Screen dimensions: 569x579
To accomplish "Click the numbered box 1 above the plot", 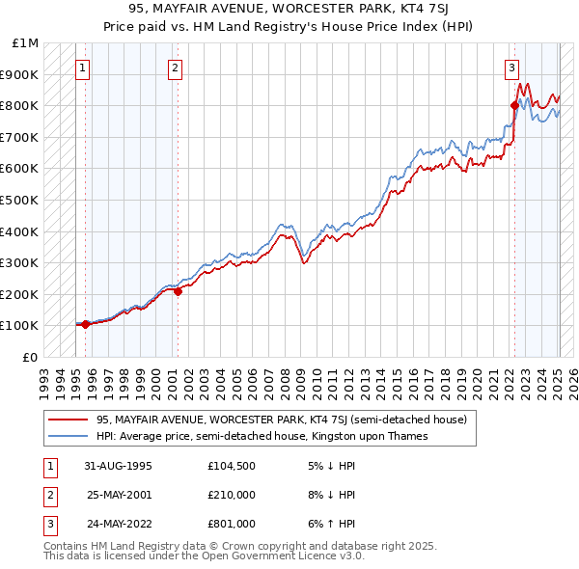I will pyautogui.click(x=84, y=68).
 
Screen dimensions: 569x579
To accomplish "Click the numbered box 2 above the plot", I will pyautogui.click(x=175, y=68).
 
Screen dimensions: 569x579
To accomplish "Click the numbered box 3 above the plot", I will pyautogui.click(x=511, y=68).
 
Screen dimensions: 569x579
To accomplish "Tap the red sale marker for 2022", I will pyautogui.click(x=514, y=105).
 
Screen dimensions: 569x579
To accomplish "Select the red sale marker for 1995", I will pyautogui.click(x=85, y=324).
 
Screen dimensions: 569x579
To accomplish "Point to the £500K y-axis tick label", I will pyautogui.click(x=20, y=200).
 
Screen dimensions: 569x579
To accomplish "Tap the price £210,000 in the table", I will pyautogui.click(x=231, y=495).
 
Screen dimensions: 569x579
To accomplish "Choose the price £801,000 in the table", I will pyautogui.click(x=231, y=524).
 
